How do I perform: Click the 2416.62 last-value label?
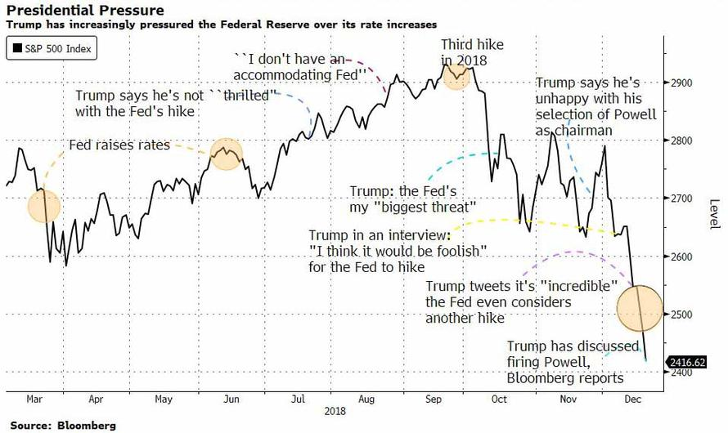pos(686,360)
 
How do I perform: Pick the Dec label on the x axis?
pos(632,400)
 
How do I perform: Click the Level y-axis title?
pos(713,214)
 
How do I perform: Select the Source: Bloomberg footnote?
pos(63,426)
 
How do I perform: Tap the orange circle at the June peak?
pos(226,154)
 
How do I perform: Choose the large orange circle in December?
pos(639,307)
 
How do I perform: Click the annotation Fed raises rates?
pos(119,145)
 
